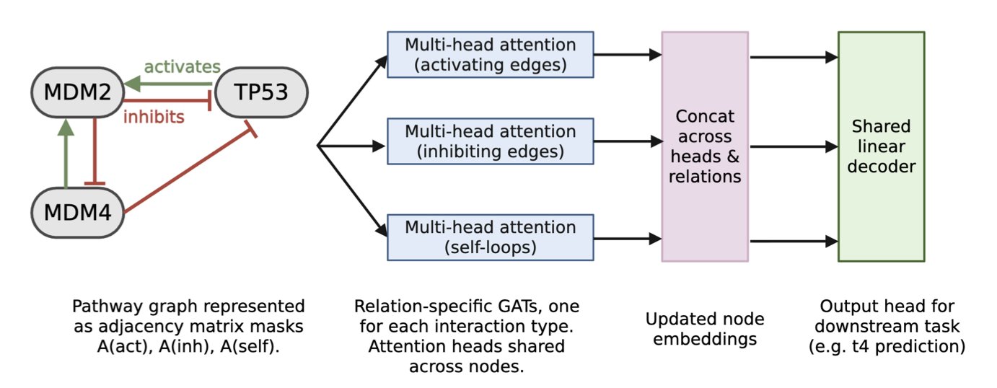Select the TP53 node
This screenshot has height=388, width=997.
coord(261,94)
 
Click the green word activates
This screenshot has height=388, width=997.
coord(182,67)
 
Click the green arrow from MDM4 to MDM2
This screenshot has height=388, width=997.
coord(66,155)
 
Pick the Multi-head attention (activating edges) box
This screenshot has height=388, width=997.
coord(490,55)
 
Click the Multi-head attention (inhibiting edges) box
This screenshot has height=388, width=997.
coord(490,141)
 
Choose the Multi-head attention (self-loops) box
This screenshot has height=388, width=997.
coord(490,237)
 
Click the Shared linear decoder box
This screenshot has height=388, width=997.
coord(880,146)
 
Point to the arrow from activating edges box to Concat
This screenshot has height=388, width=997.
coord(627,54)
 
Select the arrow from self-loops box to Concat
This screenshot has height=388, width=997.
coord(627,237)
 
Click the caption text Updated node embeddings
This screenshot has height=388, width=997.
coord(704,328)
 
